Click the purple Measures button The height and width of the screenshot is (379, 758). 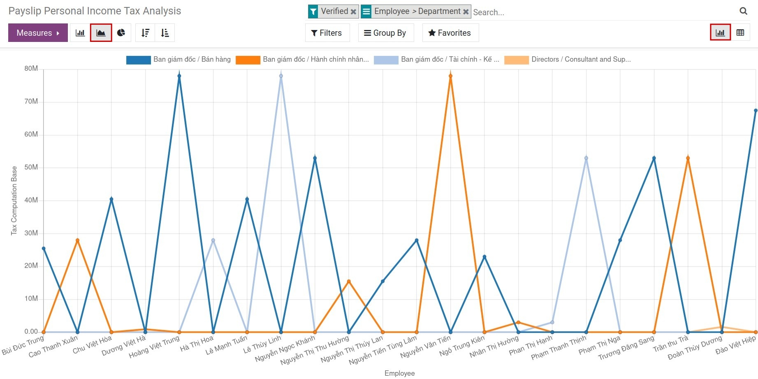coord(38,33)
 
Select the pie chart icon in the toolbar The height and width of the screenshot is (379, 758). coord(121,33)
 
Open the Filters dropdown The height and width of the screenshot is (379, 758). coord(327,33)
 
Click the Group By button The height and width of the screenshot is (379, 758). coord(385,33)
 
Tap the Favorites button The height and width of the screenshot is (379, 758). coord(450,33)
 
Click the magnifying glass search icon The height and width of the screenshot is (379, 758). coord(743,11)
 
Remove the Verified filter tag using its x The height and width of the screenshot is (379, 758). coord(353,12)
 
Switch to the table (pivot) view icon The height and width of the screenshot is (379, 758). coord(740,33)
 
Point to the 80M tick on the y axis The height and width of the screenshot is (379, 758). coord(31,69)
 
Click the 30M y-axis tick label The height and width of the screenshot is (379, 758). coord(31,233)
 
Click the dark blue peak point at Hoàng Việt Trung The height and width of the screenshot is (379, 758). coord(179,76)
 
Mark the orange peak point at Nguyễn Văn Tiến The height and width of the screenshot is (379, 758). coord(450,76)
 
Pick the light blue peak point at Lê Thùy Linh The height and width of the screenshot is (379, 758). coord(281,76)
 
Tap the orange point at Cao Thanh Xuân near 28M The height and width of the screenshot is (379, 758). coord(77,240)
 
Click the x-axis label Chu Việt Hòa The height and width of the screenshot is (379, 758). coord(92,345)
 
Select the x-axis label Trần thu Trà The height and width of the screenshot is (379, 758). coord(670,344)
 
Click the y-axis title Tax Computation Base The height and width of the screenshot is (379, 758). coord(14,201)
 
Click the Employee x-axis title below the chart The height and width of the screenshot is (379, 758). coord(399,373)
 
